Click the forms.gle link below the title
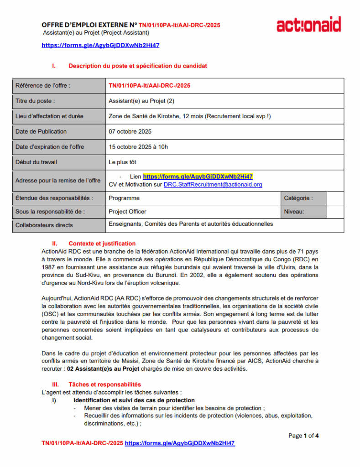point(100,46)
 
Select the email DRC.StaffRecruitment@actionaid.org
point(213,185)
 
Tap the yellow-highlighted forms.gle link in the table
point(198,176)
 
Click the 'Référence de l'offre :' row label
point(43,85)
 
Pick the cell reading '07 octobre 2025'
point(130,132)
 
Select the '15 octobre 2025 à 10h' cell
point(138,147)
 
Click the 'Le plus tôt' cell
point(122,162)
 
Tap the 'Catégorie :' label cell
point(298,198)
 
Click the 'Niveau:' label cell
point(294,212)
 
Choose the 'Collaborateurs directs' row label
point(44,225)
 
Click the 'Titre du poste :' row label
point(35,101)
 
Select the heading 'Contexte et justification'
point(102,244)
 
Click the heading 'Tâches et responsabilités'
point(104,384)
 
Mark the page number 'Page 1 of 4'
point(303,436)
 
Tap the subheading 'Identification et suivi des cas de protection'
point(134,400)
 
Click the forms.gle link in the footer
point(180,443)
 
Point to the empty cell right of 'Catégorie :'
point(335,198)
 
